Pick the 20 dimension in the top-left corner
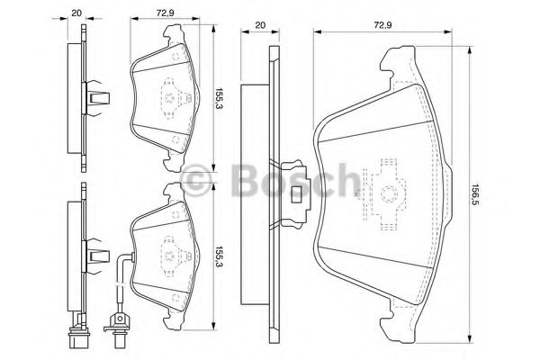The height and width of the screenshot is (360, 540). point(76,13)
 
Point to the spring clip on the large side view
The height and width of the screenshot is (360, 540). point(292,190)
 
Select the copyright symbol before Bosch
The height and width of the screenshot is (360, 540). point(195,181)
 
